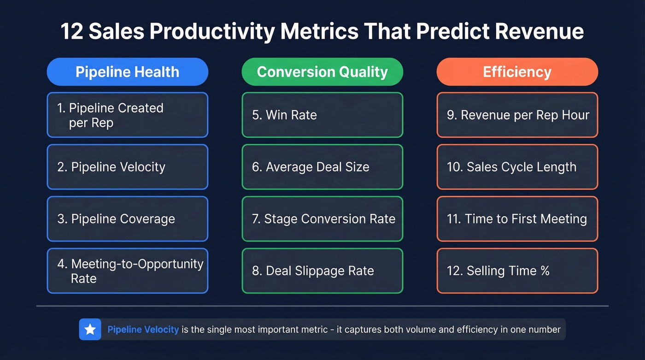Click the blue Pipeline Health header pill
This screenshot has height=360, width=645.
(x=127, y=72)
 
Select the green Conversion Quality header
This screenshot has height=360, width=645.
(x=322, y=72)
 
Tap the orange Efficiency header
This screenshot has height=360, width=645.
(x=517, y=72)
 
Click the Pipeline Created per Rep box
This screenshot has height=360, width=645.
(x=127, y=115)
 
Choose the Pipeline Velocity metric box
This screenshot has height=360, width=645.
(x=127, y=167)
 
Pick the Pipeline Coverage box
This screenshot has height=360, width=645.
(x=127, y=219)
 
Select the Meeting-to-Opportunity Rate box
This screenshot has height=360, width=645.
(x=127, y=271)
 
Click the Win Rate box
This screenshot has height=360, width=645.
(x=322, y=115)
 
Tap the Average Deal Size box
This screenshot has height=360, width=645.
(x=322, y=167)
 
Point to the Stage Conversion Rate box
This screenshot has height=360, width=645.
(x=322, y=219)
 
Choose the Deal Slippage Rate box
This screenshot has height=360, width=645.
(x=322, y=271)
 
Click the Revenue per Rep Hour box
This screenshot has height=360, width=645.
(x=517, y=115)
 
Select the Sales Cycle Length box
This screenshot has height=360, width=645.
(x=517, y=167)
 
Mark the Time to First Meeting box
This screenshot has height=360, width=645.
(x=517, y=219)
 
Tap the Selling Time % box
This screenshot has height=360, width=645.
(x=517, y=271)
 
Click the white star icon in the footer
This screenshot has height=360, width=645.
(x=90, y=329)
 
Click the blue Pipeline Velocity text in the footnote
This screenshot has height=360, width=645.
(x=143, y=330)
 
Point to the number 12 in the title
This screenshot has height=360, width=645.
(x=72, y=32)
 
